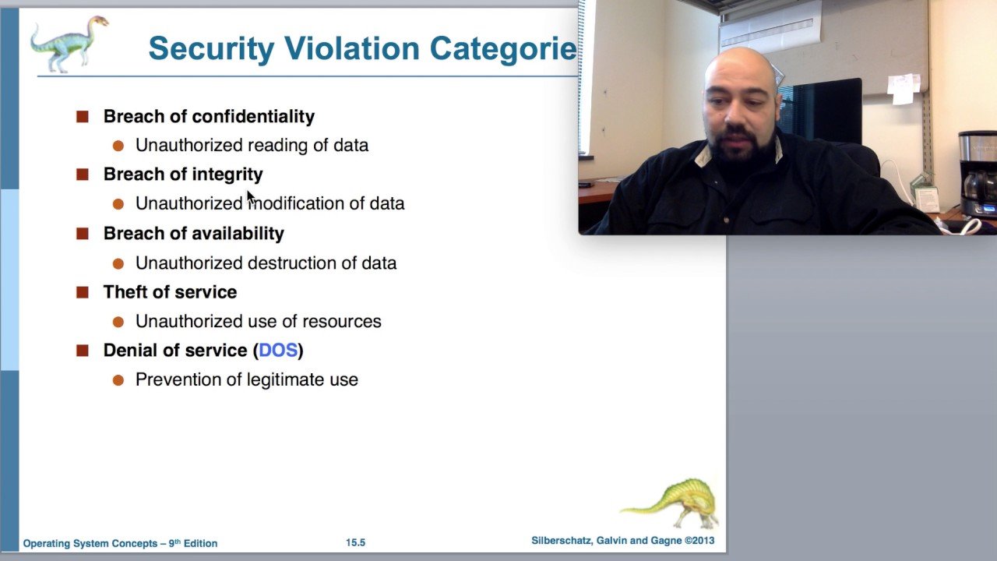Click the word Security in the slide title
tap(211, 49)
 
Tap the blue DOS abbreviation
tap(278, 351)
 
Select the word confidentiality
tap(253, 117)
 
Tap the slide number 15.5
tap(356, 543)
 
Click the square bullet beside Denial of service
tap(83, 351)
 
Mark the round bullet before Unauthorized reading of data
tap(118, 146)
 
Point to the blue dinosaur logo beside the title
tap(69, 44)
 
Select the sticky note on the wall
tap(903, 89)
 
